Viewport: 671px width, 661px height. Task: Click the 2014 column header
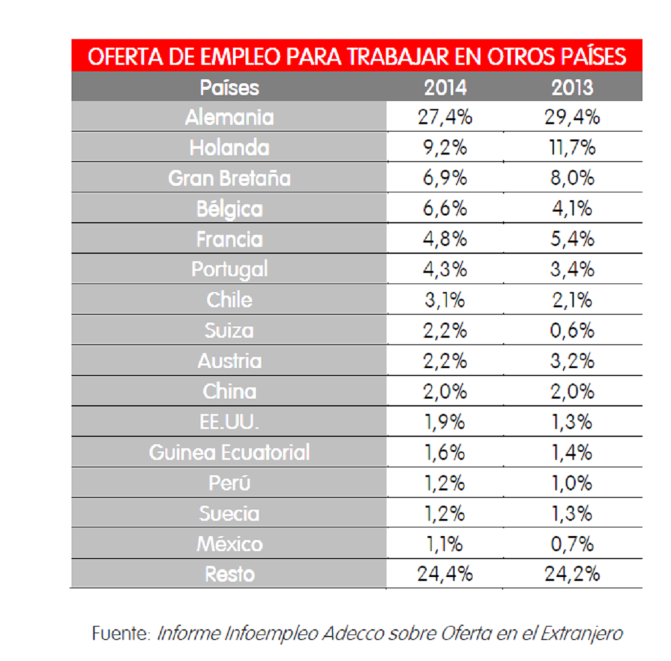pyautogui.click(x=445, y=87)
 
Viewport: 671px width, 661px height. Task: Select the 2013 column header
pyautogui.click(x=572, y=87)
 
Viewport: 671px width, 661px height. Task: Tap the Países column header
pyautogui.click(x=229, y=87)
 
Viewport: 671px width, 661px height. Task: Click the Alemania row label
pyautogui.click(x=229, y=118)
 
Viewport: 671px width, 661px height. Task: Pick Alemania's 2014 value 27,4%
pyautogui.click(x=445, y=118)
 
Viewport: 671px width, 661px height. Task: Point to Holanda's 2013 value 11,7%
pyautogui.click(x=572, y=147)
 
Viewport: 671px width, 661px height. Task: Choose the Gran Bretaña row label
pyautogui.click(x=229, y=178)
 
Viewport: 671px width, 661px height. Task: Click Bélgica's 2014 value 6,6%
pyautogui.click(x=445, y=208)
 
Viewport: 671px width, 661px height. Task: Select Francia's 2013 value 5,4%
pyautogui.click(x=572, y=239)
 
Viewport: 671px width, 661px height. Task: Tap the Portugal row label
pyautogui.click(x=229, y=269)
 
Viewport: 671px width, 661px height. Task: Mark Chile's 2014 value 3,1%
pyautogui.click(x=445, y=299)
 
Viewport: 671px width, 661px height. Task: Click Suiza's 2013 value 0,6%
pyautogui.click(x=572, y=330)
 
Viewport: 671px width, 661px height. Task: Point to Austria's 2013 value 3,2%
pyautogui.click(x=572, y=361)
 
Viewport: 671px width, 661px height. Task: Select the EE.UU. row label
pyautogui.click(x=229, y=422)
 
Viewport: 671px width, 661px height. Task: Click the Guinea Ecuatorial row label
pyautogui.click(x=229, y=452)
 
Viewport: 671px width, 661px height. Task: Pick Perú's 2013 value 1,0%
pyautogui.click(x=572, y=483)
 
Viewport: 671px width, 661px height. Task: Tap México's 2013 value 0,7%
pyautogui.click(x=572, y=544)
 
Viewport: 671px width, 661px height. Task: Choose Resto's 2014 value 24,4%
pyautogui.click(x=445, y=574)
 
